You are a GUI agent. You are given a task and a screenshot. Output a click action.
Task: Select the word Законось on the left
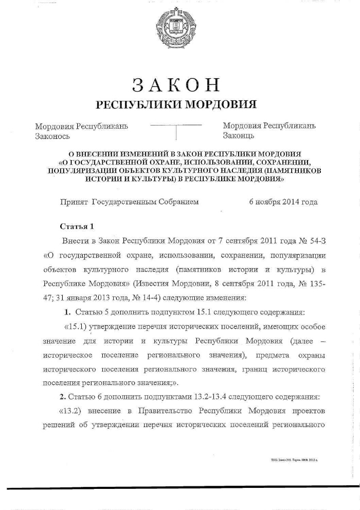(52, 136)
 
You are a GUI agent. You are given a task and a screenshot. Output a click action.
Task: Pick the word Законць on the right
(238, 136)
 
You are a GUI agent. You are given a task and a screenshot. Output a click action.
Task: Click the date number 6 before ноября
(251, 202)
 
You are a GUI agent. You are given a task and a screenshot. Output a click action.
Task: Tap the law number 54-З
(315, 240)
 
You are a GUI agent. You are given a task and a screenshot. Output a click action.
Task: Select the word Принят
(74, 202)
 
